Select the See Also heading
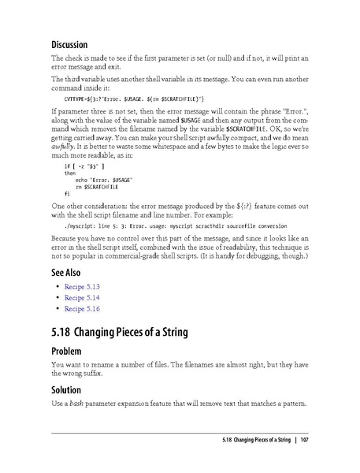pos(69,271)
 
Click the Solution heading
pos(70,389)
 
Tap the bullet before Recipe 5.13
pos(58,287)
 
